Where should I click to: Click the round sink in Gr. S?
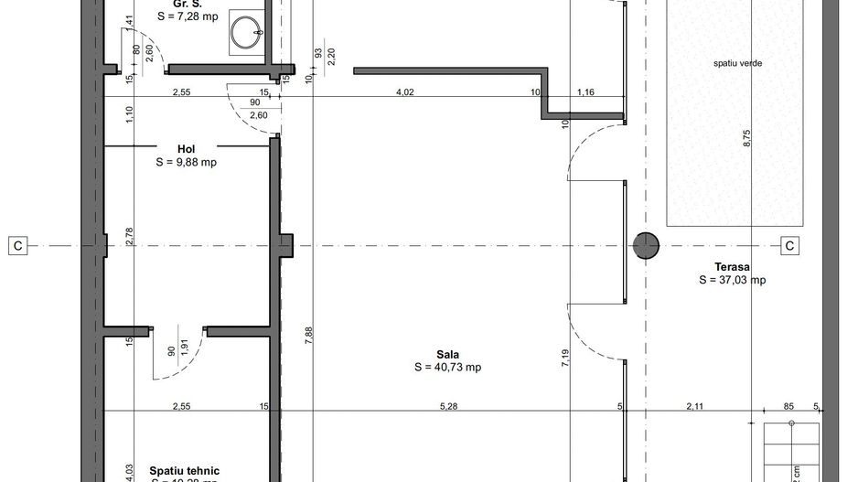pyautogui.click(x=245, y=35)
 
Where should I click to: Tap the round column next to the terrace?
pyautogui.click(x=647, y=245)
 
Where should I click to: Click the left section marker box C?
pyautogui.click(x=17, y=245)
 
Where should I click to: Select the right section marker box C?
pyautogui.click(x=788, y=245)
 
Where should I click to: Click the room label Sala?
pyautogui.click(x=447, y=355)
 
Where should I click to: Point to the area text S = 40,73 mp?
pyautogui.click(x=447, y=368)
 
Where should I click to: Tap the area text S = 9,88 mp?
pyautogui.click(x=186, y=162)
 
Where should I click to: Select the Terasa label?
pyautogui.click(x=731, y=266)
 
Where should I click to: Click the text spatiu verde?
pyautogui.click(x=738, y=64)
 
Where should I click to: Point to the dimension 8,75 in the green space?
pyautogui.click(x=746, y=137)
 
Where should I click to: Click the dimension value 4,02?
pyautogui.click(x=404, y=91)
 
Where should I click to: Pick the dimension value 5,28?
pyautogui.click(x=448, y=406)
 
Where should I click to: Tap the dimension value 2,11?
pyautogui.click(x=696, y=406)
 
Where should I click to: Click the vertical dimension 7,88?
pyautogui.click(x=309, y=335)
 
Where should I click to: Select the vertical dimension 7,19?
pyautogui.click(x=566, y=357)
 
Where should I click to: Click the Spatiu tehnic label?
pyautogui.click(x=185, y=471)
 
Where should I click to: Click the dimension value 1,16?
pyautogui.click(x=585, y=91)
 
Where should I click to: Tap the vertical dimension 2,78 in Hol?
pyautogui.click(x=129, y=236)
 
